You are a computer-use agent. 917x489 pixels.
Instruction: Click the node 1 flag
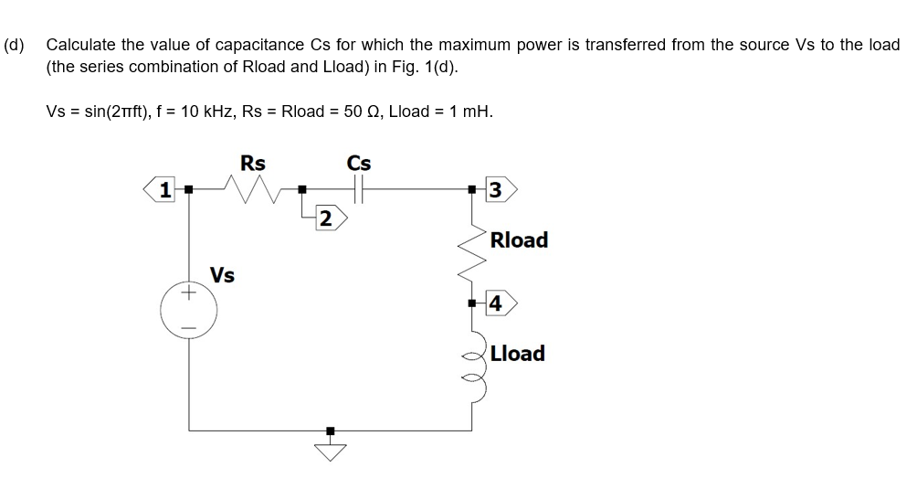coord(163,190)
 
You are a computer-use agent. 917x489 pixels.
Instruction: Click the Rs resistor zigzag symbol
coord(252,190)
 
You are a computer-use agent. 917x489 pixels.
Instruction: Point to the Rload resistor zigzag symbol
coord(472,246)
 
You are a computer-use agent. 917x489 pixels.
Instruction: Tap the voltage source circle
coord(190,309)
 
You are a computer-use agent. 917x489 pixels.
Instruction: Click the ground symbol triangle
coord(331,451)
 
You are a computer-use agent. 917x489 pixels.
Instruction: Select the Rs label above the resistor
coord(252,163)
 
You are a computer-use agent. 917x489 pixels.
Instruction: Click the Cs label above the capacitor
coord(359,163)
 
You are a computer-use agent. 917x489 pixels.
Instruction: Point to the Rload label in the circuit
coord(519,240)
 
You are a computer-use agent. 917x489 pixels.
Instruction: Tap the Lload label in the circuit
coord(517,354)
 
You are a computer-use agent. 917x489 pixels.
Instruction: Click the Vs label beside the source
coord(222,275)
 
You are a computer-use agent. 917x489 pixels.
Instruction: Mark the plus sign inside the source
coord(190,294)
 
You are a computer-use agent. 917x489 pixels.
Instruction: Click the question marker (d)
coord(15,45)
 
